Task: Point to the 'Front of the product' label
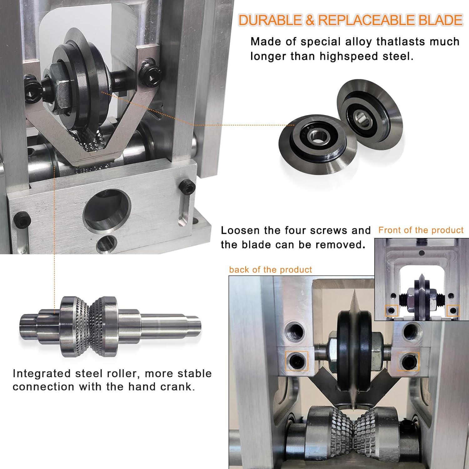[421, 230]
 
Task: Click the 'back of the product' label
[270, 270]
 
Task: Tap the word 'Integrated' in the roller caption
[42, 374]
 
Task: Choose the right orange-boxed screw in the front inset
[453, 310]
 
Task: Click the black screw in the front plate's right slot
[187, 188]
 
